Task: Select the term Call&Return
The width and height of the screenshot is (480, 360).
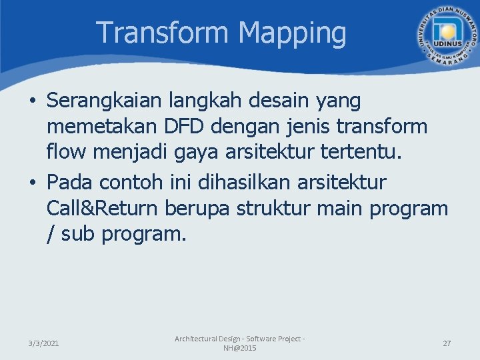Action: tap(102, 208)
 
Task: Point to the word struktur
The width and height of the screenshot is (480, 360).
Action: tap(281, 208)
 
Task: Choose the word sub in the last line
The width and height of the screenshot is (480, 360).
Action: tap(78, 234)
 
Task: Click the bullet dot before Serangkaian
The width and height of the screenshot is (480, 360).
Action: tap(33, 103)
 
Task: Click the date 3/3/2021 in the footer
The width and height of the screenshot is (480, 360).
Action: tap(43, 343)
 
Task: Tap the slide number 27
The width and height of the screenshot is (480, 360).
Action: tap(447, 343)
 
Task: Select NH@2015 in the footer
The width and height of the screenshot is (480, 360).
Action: tap(239, 349)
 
